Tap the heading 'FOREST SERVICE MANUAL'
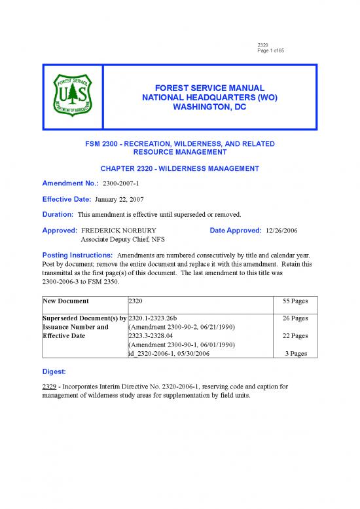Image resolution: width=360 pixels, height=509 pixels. tap(204, 88)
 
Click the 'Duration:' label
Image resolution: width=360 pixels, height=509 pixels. tap(57, 214)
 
